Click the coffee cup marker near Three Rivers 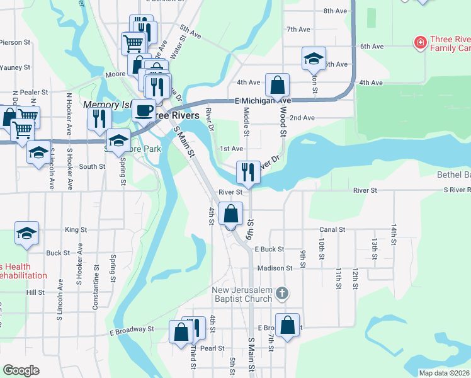pos(144,111)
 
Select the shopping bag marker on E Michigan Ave pos(276,85)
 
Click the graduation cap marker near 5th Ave pos(314,59)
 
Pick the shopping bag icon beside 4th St pos(232,214)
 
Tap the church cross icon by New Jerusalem pos(283,293)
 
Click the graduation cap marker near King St pos(26,233)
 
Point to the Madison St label pos(275,268)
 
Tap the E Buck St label pos(270,249)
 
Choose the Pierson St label pos(15,42)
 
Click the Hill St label pos(35,292)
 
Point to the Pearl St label pos(212,348)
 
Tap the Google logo pos(21,370)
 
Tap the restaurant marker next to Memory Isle pos(99,119)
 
